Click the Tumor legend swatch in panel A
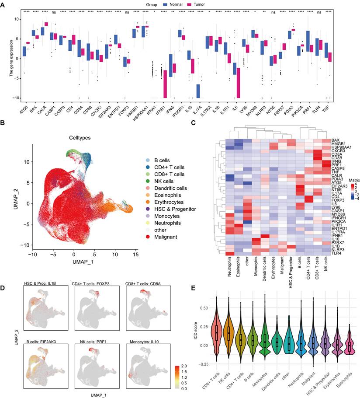(190, 4)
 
